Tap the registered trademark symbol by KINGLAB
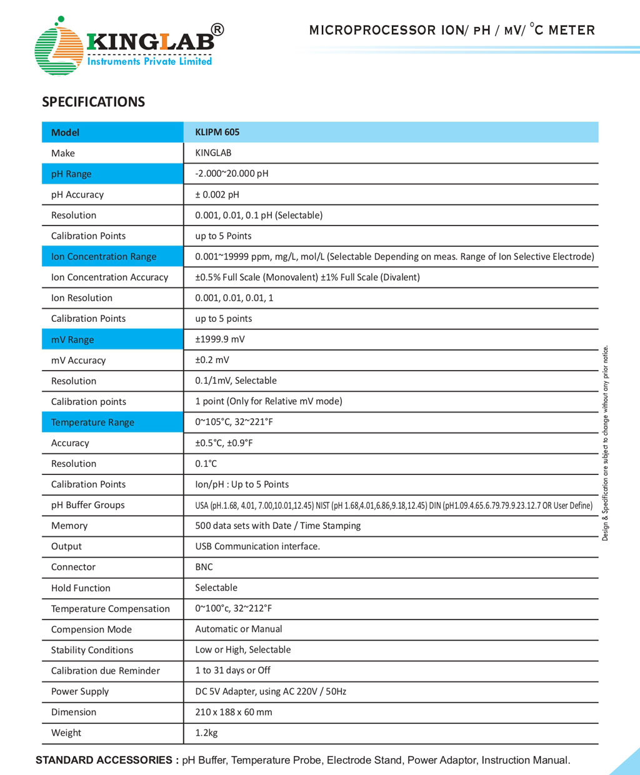[217, 29]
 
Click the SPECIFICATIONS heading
[93, 102]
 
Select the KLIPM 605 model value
[217, 132]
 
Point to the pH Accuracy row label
[77, 194]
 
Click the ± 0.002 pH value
[217, 194]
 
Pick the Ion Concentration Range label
[104, 256]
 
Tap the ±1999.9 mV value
[220, 339]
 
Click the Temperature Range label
[92, 422]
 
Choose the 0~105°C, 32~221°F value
[234, 422]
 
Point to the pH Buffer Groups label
[88, 505]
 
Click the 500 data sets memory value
[277, 526]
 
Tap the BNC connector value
[204, 567]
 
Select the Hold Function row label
[81, 587]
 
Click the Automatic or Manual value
[239, 629]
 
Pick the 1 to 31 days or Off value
[232, 670]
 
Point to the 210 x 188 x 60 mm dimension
[234, 712]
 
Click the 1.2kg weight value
[206, 732]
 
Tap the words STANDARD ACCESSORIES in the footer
[104, 760]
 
